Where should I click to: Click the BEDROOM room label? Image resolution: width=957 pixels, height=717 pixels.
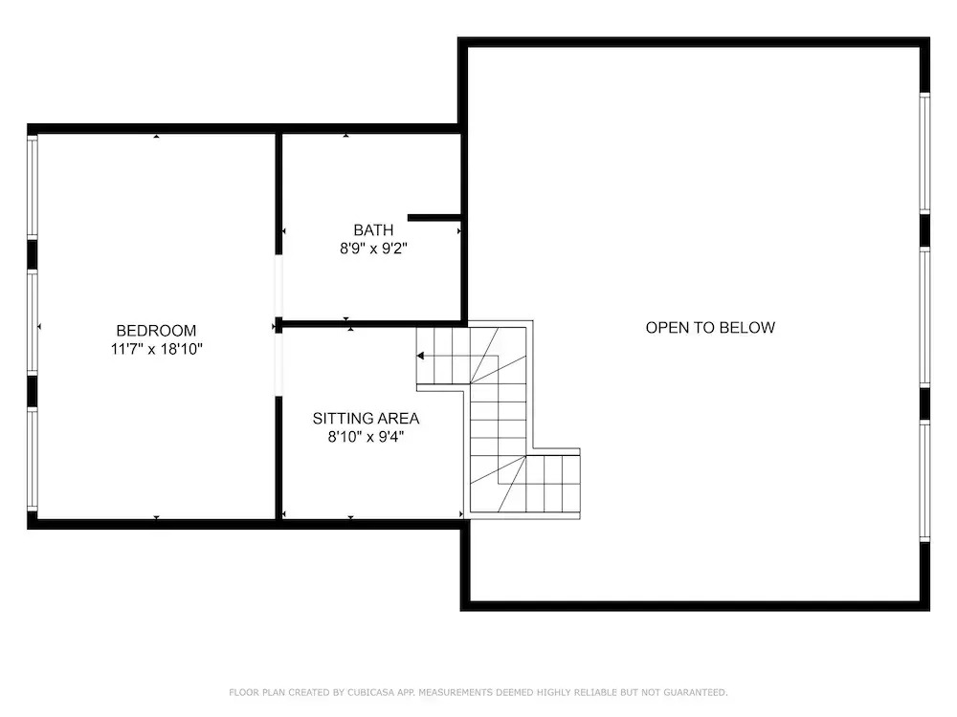pyautogui.click(x=156, y=331)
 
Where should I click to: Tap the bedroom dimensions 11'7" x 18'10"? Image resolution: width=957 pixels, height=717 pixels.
pyautogui.click(x=156, y=349)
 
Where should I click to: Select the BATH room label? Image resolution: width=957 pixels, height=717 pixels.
pyautogui.click(x=373, y=229)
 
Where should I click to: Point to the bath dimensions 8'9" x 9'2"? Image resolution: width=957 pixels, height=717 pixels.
pyautogui.click(x=373, y=249)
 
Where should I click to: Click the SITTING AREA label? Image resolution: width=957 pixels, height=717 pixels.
pyautogui.click(x=366, y=419)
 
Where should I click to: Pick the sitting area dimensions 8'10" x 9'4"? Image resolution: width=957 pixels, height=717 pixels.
pyautogui.click(x=366, y=437)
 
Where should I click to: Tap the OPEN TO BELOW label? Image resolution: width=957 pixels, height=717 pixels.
pyautogui.click(x=710, y=327)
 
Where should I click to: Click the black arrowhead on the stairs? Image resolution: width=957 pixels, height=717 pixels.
pyautogui.click(x=420, y=356)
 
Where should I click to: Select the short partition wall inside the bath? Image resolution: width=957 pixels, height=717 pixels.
pyautogui.click(x=434, y=218)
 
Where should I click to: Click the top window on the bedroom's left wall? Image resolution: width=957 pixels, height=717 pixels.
pyautogui.click(x=33, y=186)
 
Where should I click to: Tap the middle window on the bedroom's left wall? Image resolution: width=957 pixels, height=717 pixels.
pyautogui.click(x=33, y=321)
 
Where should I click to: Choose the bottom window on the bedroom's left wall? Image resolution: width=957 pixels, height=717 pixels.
pyautogui.click(x=33, y=459)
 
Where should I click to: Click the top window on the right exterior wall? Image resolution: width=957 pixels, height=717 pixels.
pyautogui.click(x=924, y=153)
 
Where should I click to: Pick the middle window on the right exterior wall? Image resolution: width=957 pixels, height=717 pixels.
pyautogui.click(x=924, y=317)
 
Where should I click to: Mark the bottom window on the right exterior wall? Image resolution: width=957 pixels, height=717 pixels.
pyautogui.click(x=924, y=481)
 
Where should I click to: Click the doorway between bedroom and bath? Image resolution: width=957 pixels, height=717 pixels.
pyautogui.click(x=278, y=286)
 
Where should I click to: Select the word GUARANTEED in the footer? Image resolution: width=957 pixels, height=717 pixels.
pyautogui.click(x=695, y=692)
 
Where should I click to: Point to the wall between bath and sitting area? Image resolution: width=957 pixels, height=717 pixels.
pyautogui.click(x=372, y=324)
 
